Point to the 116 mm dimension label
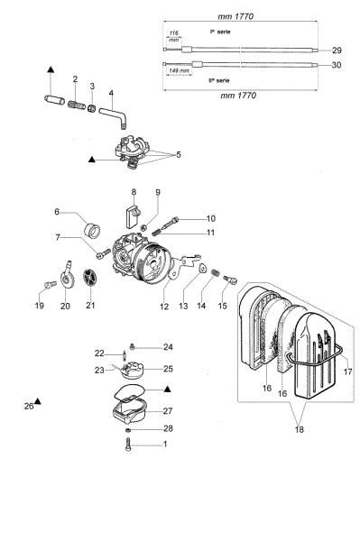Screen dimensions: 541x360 (x=174, y=37)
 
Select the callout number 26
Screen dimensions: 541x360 (x=28, y=406)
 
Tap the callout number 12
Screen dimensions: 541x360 (x=164, y=307)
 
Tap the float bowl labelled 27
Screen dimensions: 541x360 (x=131, y=413)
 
